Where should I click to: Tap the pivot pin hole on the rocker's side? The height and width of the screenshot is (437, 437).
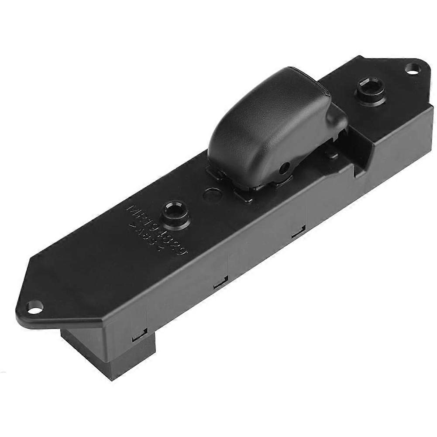click(x=285, y=166)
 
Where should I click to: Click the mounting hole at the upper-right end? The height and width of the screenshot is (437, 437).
click(x=412, y=68)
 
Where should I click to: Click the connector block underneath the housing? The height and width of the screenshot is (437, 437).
click(x=109, y=354)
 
